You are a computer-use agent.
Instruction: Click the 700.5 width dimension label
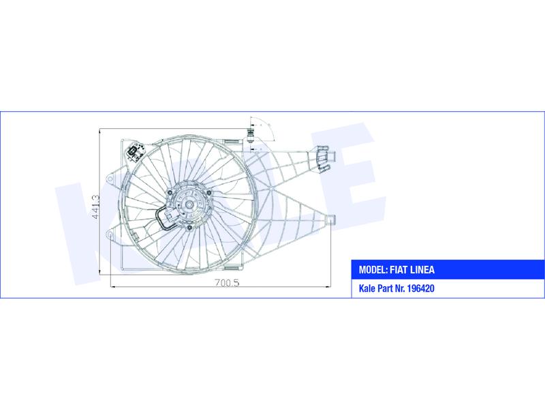coord(227,283)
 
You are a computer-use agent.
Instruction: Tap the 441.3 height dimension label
coord(96,207)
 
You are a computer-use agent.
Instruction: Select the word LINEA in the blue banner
coord(422,269)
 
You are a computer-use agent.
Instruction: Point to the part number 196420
coord(420,288)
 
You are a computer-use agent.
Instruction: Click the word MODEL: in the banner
coord(373,269)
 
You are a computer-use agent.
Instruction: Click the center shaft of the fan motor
coord(189,205)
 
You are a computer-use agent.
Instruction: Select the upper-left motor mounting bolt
coord(170,194)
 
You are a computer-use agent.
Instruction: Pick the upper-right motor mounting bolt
coord(209,193)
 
